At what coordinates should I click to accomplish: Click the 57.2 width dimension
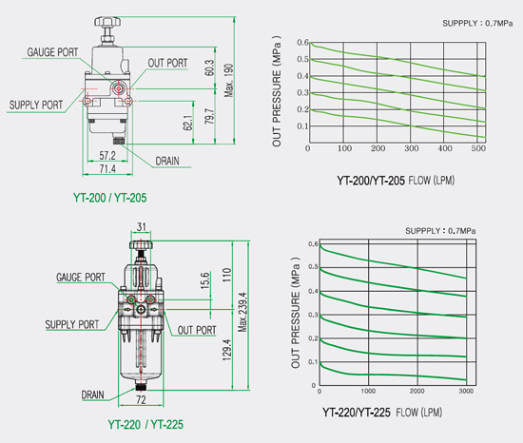pos(107,155)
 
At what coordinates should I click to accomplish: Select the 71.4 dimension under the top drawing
pos(107,169)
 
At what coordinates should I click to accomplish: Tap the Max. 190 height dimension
pos(229,81)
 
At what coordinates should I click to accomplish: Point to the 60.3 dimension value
pos(209,67)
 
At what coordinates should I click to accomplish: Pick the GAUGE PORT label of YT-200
pos(52,52)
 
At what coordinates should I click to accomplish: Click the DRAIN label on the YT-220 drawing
pos(93,395)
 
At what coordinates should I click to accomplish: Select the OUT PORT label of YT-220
pos(197,330)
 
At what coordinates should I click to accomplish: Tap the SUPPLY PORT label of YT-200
pos(36,105)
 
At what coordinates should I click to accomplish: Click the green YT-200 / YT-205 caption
pos(110,198)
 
